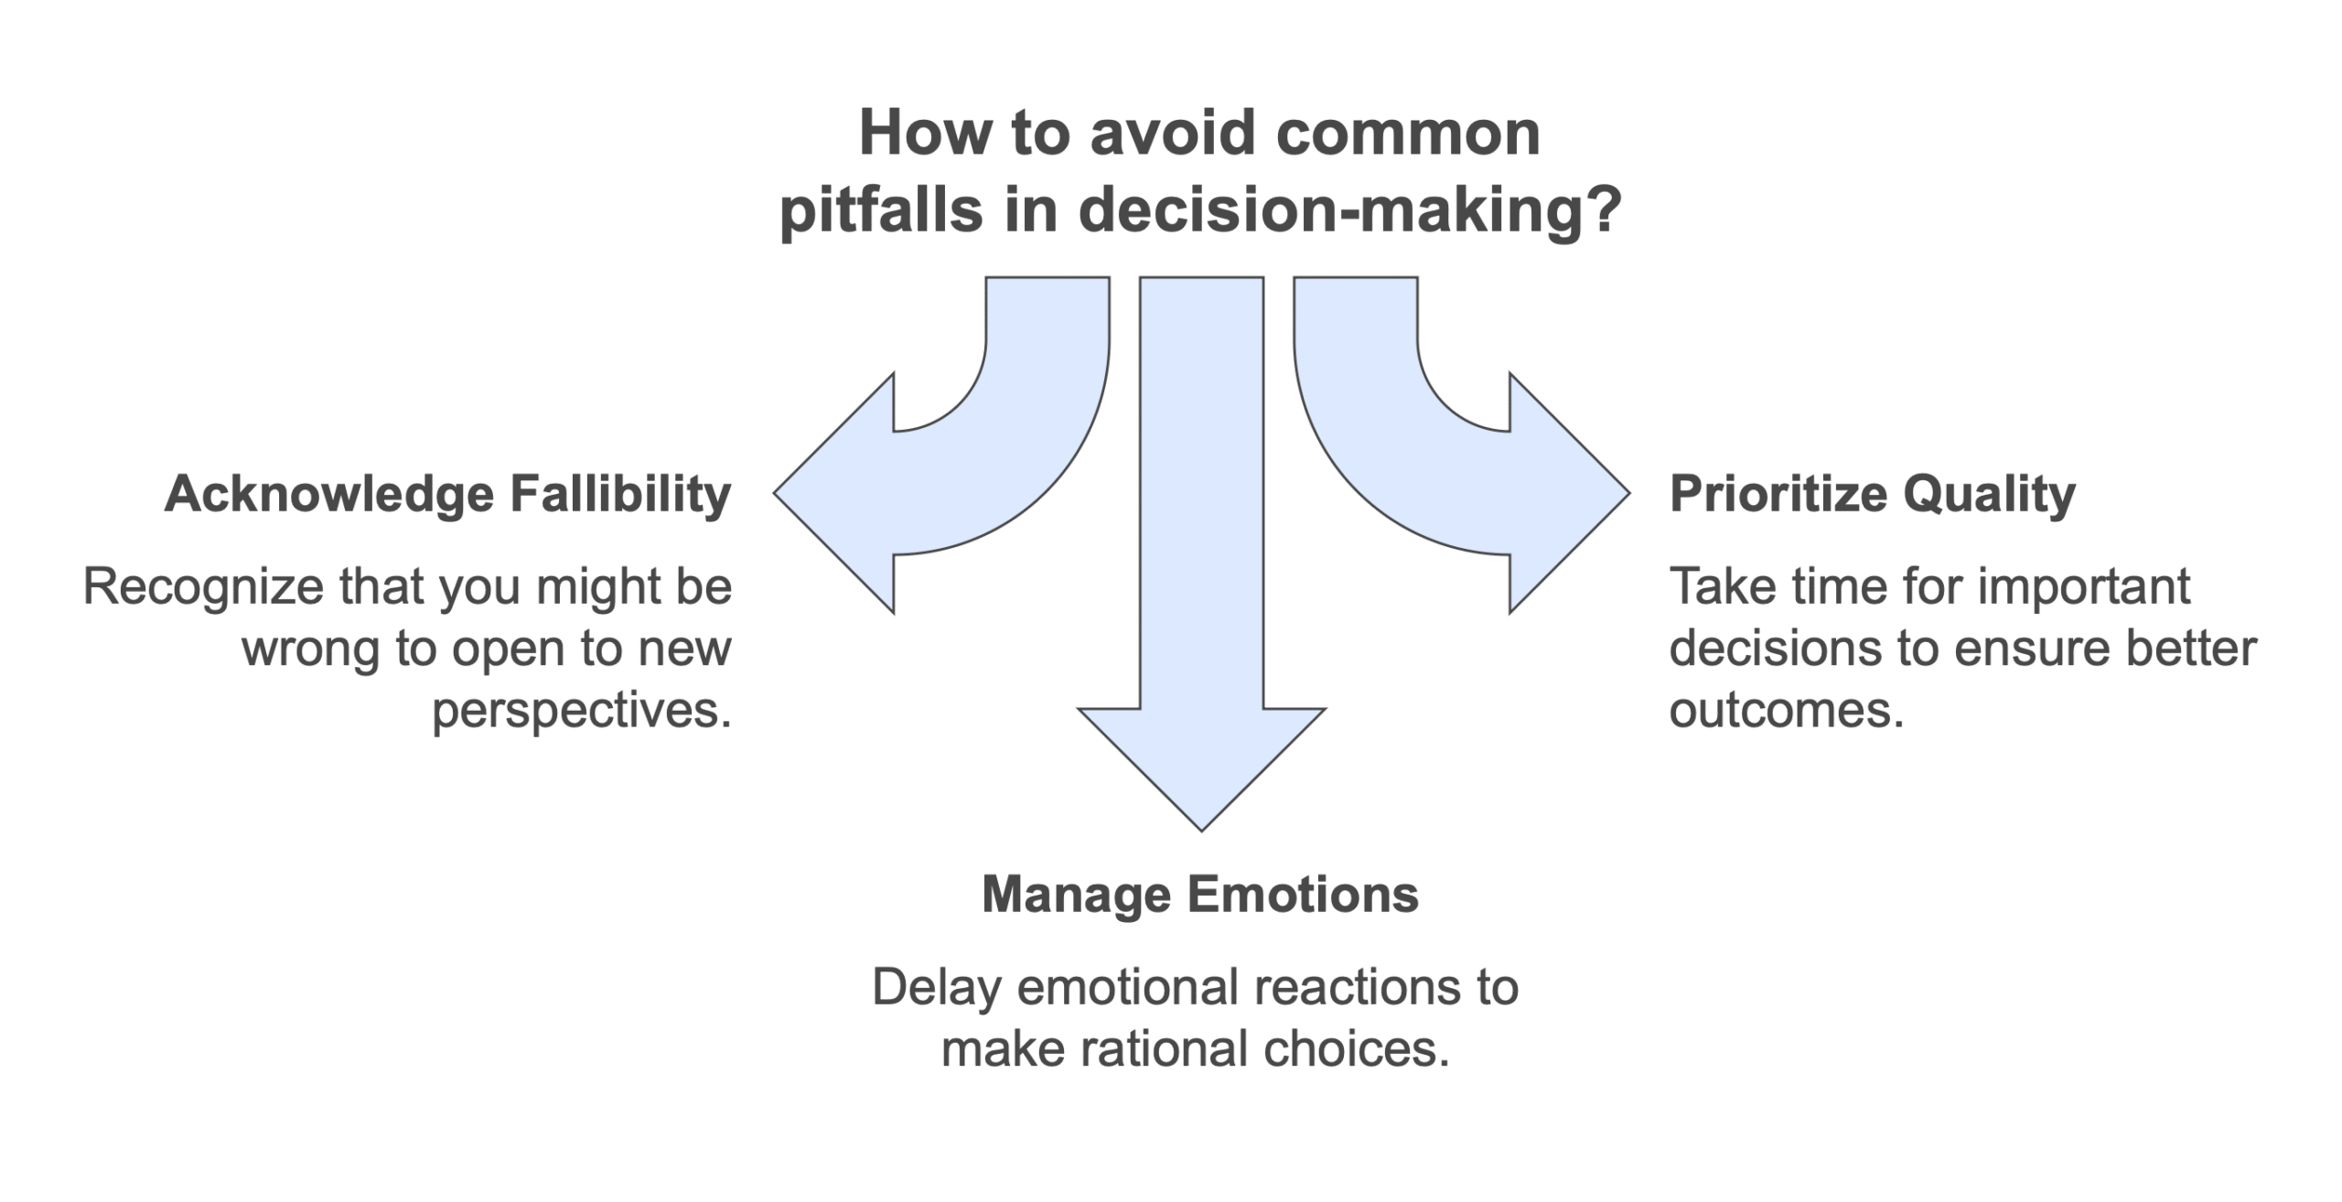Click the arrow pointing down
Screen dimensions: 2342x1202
tap(1201, 549)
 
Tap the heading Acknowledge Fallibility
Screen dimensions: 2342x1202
tap(448, 495)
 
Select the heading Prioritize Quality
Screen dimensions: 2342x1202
tap(1873, 495)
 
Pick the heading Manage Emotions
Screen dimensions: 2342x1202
tap(1200, 894)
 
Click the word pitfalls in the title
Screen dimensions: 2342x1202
tap(881, 209)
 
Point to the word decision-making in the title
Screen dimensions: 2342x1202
tap(1350, 209)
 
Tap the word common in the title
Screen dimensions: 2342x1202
tap(1409, 134)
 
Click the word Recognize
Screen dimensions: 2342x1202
tap(201, 586)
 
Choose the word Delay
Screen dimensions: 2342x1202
tap(937, 988)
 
